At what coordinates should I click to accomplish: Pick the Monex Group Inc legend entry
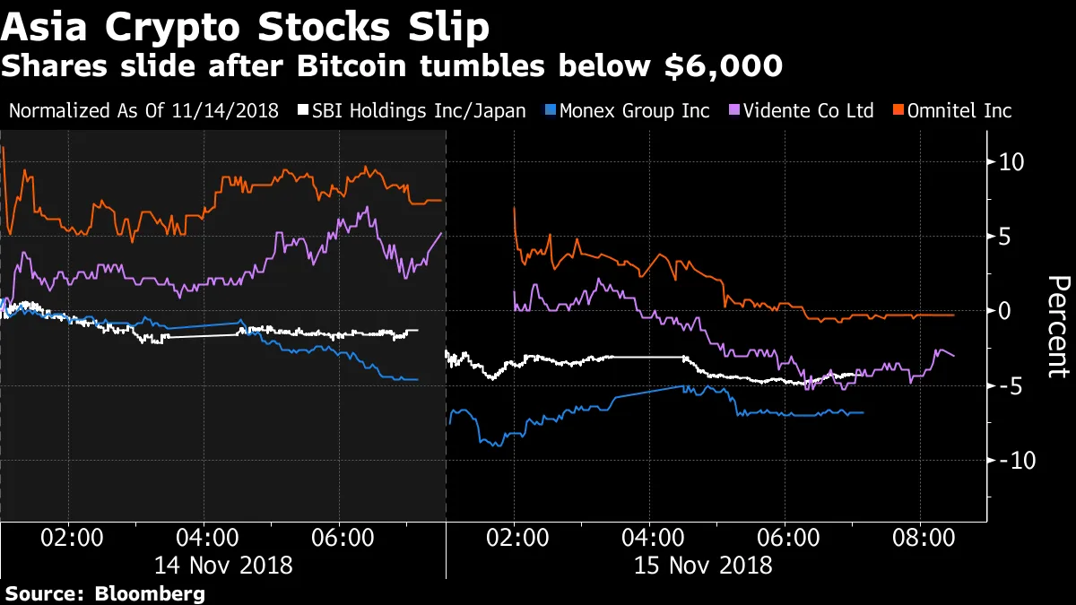pyautogui.click(x=634, y=111)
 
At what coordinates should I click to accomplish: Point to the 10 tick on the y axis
pyautogui.click(x=1010, y=163)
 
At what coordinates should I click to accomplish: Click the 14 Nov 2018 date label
pyautogui.click(x=223, y=566)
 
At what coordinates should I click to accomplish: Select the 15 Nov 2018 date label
pyautogui.click(x=703, y=566)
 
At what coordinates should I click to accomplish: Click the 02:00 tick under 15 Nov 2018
pyautogui.click(x=514, y=539)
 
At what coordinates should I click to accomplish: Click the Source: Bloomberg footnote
pyautogui.click(x=105, y=593)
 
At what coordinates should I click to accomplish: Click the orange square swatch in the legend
pyautogui.click(x=898, y=111)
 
